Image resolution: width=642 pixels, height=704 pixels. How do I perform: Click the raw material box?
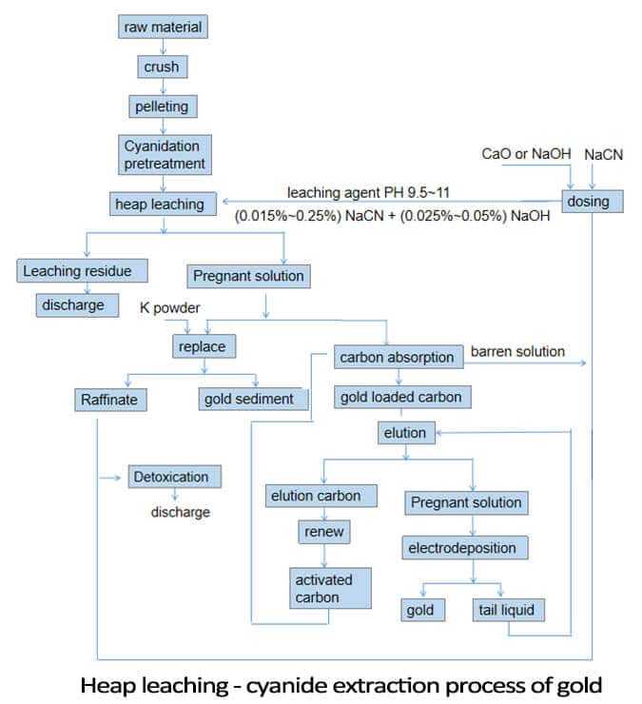click(164, 27)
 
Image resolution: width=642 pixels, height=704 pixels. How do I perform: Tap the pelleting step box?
click(164, 106)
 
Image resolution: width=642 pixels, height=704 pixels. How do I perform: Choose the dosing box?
click(593, 202)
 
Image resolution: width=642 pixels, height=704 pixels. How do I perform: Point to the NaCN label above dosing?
click(603, 153)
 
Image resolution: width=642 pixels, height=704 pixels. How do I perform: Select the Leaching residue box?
click(83, 271)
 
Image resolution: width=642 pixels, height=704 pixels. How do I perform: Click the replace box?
click(203, 346)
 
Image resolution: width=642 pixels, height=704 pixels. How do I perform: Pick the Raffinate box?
click(109, 400)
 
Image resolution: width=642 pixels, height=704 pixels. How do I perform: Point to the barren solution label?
click(517, 351)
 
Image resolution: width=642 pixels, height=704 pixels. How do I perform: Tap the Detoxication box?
click(175, 476)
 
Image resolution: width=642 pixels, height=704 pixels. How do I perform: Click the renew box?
click(321, 532)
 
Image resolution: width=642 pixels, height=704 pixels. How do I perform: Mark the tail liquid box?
click(508, 609)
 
